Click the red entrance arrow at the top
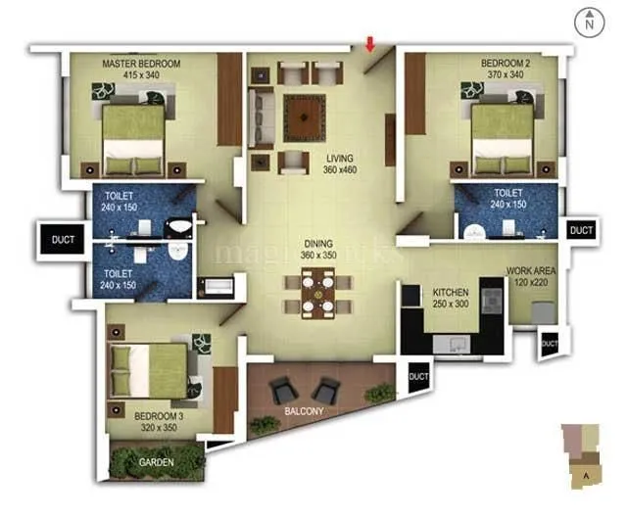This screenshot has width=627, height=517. click(x=370, y=43)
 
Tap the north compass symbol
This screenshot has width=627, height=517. click(x=587, y=21)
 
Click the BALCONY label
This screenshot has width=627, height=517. click(x=305, y=411)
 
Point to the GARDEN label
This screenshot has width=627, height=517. click(x=156, y=462)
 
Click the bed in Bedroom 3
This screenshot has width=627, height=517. click(x=147, y=371)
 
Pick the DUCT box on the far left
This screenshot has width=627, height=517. click(x=63, y=238)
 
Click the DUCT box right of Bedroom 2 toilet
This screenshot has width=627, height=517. click(x=581, y=230)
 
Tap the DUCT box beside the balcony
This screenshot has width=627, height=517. click(x=418, y=376)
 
